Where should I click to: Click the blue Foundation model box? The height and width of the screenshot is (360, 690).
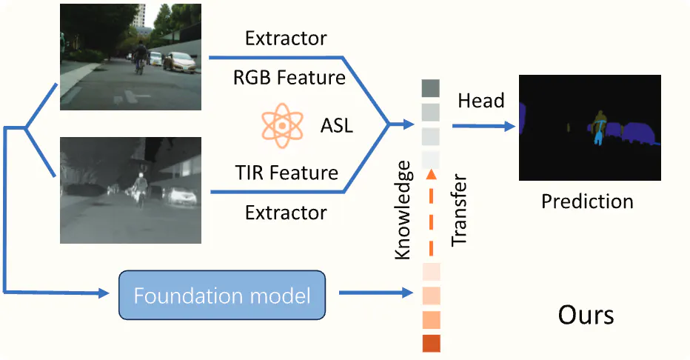click(x=222, y=296)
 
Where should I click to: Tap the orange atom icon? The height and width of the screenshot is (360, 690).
click(x=282, y=124)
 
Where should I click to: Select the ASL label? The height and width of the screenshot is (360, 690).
click(x=337, y=125)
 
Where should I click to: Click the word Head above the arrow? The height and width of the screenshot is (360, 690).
click(x=481, y=101)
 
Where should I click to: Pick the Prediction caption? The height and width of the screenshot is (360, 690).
click(x=587, y=201)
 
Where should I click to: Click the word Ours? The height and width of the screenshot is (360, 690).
click(x=586, y=315)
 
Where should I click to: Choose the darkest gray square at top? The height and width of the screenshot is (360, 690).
click(x=431, y=89)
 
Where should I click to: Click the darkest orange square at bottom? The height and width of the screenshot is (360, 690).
click(x=431, y=344)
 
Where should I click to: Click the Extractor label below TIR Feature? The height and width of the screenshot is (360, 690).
click(x=286, y=213)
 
